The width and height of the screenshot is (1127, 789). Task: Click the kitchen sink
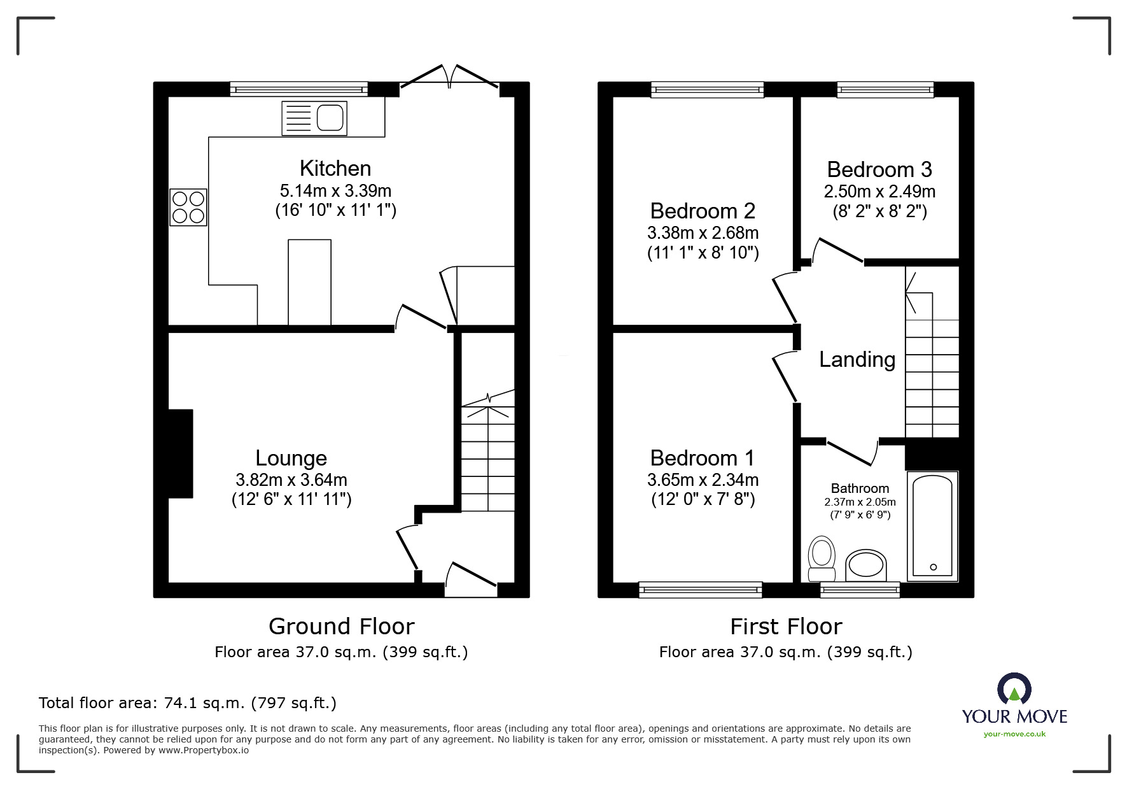[x=314, y=118]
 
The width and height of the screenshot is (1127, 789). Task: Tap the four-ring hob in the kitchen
[x=188, y=207]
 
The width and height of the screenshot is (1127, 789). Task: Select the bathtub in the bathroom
[x=932, y=526]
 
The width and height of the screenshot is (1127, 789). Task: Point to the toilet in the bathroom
[x=822, y=558]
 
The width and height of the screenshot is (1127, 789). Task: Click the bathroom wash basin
[x=865, y=565]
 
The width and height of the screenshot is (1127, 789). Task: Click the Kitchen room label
[x=335, y=168]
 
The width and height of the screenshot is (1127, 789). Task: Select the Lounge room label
[x=291, y=458]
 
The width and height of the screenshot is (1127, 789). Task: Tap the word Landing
[x=857, y=360]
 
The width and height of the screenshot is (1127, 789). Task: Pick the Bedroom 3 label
[x=879, y=169]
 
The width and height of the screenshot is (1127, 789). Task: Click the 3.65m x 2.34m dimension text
[x=703, y=480]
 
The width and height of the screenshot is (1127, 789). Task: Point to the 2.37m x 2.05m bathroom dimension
[x=860, y=502]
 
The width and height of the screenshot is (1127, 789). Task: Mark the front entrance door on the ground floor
[x=471, y=579]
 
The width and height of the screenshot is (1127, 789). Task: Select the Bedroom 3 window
[x=886, y=90]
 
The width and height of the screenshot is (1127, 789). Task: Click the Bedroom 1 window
[x=701, y=590]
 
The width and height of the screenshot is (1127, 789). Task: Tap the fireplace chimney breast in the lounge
[x=181, y=453]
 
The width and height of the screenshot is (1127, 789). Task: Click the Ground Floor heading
[x=342, y=627]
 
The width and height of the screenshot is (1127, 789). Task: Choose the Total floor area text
[x=188, y=703]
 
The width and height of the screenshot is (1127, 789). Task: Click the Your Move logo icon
[x=1014, y=688]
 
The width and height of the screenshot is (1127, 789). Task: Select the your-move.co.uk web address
[x=1014, y=734]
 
